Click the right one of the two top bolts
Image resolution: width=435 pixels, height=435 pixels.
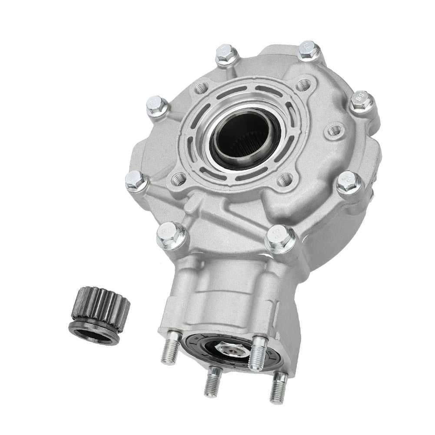click(309, 50)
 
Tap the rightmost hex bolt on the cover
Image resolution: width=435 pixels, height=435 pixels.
click(361, 101)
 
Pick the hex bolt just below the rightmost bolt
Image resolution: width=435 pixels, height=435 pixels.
click(349, 182)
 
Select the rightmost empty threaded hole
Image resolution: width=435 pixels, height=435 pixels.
click(334, 130)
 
